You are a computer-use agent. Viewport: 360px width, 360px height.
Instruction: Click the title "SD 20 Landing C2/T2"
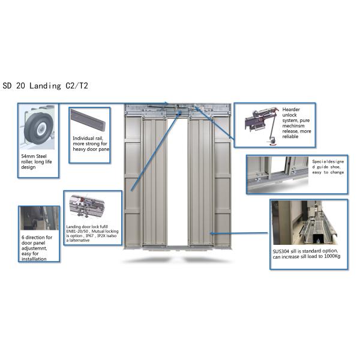[x=45, y=86]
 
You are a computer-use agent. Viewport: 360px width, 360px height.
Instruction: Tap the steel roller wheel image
[x=39, y=127]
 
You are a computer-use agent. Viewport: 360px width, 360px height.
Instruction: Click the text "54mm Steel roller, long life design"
[x=36, y=161]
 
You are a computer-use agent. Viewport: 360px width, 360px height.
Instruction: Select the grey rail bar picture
[x=88, y=120]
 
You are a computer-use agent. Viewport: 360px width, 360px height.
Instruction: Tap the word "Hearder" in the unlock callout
[x=291, y=109]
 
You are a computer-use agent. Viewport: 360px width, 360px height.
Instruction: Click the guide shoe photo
[x=278, y=175]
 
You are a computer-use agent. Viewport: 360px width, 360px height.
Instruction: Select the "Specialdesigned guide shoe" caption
[x=328, y=167]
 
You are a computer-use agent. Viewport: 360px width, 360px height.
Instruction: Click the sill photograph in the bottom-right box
[x=305, y=223]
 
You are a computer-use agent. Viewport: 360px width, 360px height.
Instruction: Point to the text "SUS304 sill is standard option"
[x=305, y=251]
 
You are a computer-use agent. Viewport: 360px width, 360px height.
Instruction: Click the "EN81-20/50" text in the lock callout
[x=77, y=231]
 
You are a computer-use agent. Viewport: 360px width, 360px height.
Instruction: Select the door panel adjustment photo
[x=40, y=218]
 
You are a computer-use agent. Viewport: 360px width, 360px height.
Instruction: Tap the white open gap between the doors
[x=178, y=181]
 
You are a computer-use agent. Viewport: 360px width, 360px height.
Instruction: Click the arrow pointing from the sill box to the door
[x=239, y=233]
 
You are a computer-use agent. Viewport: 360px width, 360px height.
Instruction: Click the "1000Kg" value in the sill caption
[x=332, y=256]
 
